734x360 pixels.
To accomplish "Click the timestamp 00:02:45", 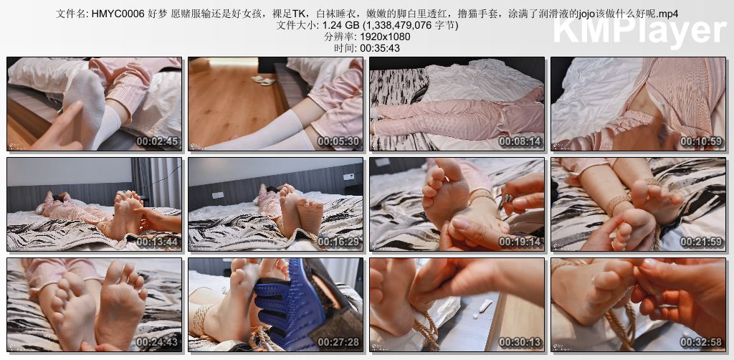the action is click(x=157, y=141).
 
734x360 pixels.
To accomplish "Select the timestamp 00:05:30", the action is click(x=338, y=141).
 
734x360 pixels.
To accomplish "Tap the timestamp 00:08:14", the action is click(x=520, y=141).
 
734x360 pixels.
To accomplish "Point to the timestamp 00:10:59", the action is click(x=701, y=141).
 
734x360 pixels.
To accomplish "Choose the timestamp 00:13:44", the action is click(x=157, y=242).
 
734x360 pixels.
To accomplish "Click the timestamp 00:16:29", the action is click(x=338, y=242).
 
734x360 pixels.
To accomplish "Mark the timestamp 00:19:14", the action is click(x=520, y=242).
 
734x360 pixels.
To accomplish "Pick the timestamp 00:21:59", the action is click(x=701, y=242).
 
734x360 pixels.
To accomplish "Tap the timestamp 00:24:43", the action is click(x=157, y=342).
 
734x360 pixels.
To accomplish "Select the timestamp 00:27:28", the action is click(x=338, y=342).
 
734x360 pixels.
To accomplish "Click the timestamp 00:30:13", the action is click(x=520, y=342).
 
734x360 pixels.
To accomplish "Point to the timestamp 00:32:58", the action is click(x=701, y=342).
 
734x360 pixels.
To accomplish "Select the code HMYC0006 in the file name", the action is click(x=111, y=14).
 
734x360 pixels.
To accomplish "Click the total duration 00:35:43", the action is click(x=380, y=48).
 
